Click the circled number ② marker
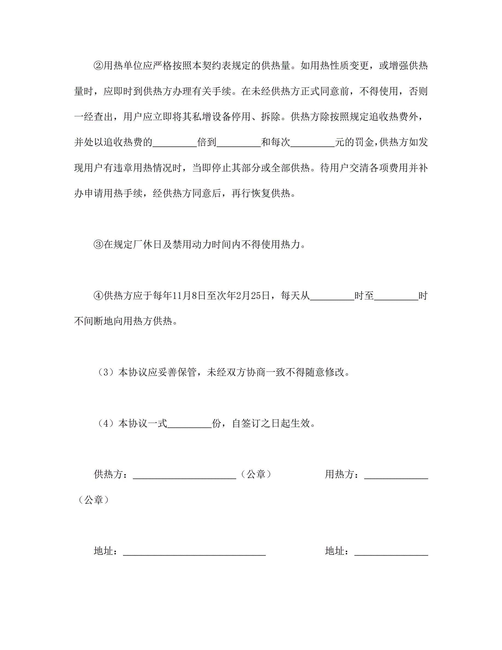coord(98,65)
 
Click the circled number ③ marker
coord(98,244)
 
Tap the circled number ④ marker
coord(98,295)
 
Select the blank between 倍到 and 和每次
coord(239,143)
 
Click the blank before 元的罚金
coord(313,143)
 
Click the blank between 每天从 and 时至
coord(332,296)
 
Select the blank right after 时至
coord(396,296)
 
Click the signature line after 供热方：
coord(184,475)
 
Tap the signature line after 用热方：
coord(396,475)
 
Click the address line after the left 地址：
coord(194,552)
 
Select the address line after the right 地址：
coord(391,552)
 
